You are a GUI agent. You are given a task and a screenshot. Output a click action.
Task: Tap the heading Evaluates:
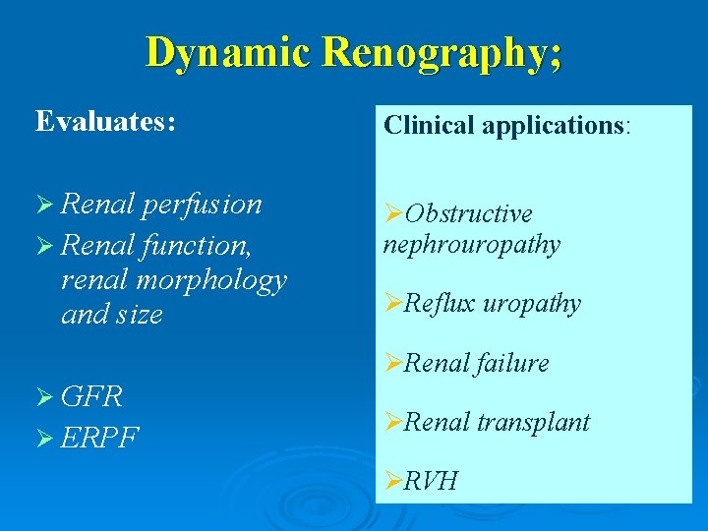(106, 121)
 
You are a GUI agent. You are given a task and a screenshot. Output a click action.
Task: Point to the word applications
(547, 125)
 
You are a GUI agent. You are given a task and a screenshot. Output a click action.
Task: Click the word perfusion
(202, 205)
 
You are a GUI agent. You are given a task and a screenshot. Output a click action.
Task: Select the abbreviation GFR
(91, 397)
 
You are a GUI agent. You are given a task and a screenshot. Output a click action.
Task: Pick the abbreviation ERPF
(99, 436)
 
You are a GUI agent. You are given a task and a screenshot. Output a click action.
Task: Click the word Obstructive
(468, 214)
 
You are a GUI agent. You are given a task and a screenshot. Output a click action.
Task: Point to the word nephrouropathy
(472, 244)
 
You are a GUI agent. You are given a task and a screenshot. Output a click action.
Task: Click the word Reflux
(439, 304)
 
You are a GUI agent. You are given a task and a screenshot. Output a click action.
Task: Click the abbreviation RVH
(431, 481)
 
